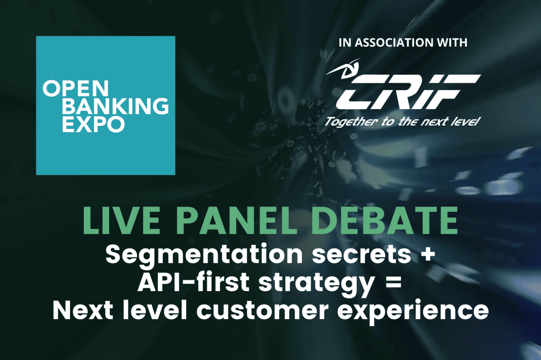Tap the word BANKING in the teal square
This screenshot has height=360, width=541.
point(116,106)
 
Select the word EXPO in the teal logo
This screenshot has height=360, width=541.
point(93,124)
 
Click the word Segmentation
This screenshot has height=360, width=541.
point(204,254)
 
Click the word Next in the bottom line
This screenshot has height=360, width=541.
point(83,310)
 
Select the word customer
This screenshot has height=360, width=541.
point(262,310)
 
